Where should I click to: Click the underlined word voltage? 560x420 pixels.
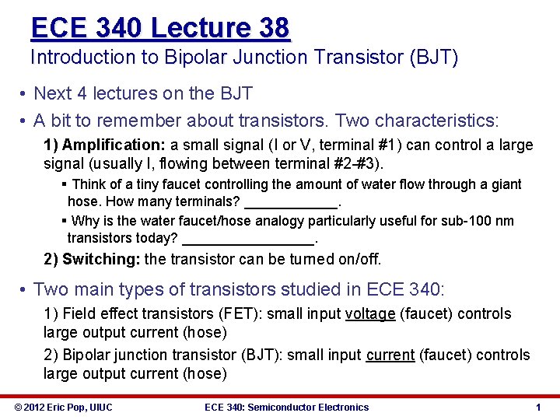[371, 313]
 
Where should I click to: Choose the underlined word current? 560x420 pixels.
[390, 355]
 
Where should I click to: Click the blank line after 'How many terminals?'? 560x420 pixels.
[292, 202]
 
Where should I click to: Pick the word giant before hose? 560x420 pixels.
[505, 184]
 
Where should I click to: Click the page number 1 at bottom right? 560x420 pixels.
[538, 407]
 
